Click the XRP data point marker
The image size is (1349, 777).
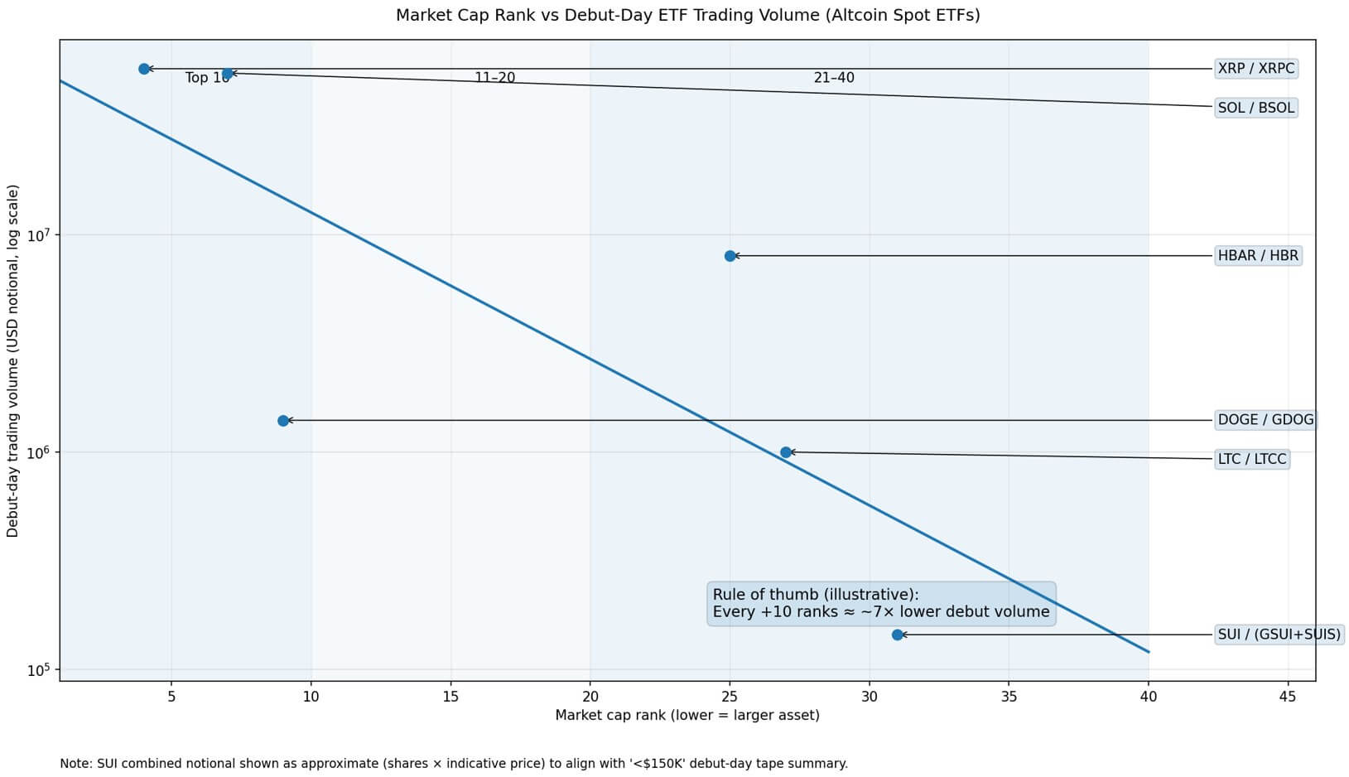(x=144, y=69)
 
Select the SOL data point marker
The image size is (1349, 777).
(x=228, y=74)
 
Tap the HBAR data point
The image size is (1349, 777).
(x=730, y=256)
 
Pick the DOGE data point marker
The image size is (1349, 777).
(x=283, y=421)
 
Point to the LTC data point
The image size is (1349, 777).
(x=786, y=452)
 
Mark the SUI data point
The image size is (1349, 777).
(x=898, y=635)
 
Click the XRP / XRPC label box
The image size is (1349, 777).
(x=1255, y=69)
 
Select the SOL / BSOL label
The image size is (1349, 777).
(x=1255, y=108)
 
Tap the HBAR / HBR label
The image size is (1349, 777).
(x=1258, y=256)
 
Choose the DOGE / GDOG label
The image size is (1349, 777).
(x=1265, y=420)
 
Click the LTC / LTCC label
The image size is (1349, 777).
(x=1252, y=459)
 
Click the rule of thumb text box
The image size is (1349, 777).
(x=881, y=604)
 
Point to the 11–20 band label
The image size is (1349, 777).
(x=494, y=78)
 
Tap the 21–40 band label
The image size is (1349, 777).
(x=834, y=78)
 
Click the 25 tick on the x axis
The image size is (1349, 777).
(x=730, y=697)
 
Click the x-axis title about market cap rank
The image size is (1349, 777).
(x=687, y=715)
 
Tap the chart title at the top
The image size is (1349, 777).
(x=687, y=16)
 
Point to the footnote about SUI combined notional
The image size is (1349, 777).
(x=454, y=764)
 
